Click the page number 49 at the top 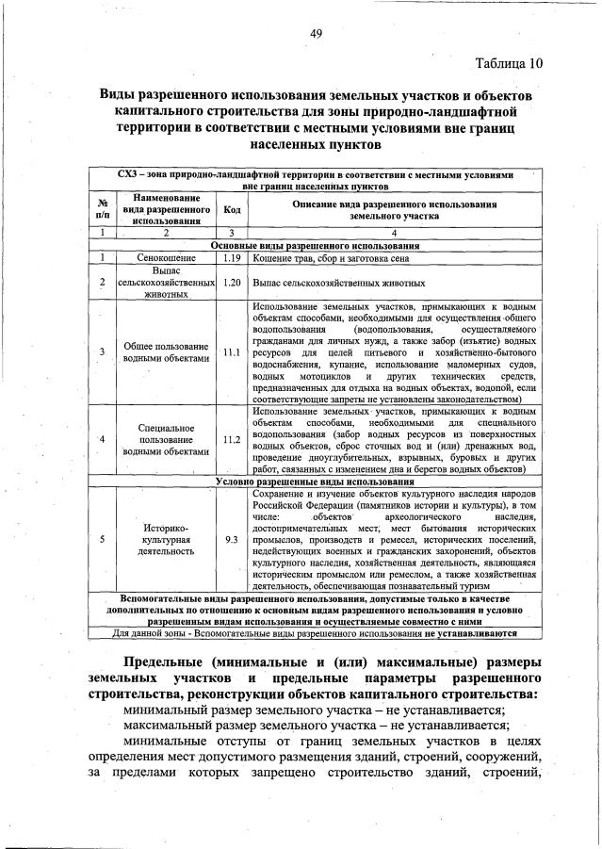point(317,34)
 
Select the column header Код point(232,209)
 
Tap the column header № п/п point(101,209)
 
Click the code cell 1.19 point(232,256)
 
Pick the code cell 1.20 point(232,282)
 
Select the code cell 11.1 point(232,352)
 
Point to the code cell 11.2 point(232,439)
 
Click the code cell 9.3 point(232,540)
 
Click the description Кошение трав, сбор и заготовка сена point(321,256)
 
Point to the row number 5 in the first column point(101,540)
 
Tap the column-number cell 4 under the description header point(394,232)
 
